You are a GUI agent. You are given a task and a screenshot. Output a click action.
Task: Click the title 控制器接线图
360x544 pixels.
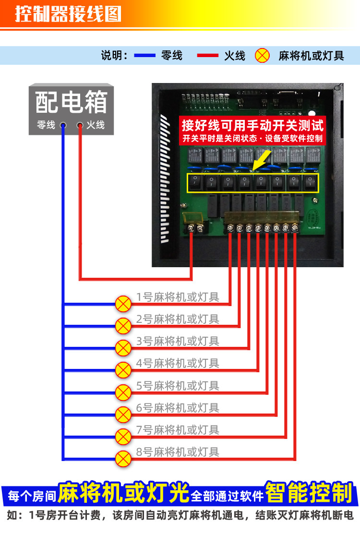68,14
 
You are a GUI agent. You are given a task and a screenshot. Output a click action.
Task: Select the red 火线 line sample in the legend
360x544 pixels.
207,56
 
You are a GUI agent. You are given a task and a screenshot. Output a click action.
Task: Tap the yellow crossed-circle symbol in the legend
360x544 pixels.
262,56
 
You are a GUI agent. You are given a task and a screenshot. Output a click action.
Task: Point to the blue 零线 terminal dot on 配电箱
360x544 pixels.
63,126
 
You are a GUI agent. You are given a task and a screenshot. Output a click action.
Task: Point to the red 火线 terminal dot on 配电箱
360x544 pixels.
80,126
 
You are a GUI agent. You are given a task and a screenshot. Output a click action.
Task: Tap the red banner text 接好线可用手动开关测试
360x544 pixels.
252,126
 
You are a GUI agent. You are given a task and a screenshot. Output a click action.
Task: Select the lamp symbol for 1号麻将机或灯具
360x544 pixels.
123,304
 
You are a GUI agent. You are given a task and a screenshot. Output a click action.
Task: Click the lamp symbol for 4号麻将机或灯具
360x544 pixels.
123,370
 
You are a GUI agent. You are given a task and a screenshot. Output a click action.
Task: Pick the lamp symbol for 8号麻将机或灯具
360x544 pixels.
123,458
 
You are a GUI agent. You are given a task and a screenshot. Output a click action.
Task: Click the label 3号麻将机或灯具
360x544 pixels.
178,341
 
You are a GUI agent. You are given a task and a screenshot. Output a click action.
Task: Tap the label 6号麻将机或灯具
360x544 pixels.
178,408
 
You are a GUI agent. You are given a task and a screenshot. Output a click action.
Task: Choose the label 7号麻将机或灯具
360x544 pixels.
178,430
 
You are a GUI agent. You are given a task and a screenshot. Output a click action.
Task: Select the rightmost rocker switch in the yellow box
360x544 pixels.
311,183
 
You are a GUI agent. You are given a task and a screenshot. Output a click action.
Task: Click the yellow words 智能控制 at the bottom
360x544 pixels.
309,493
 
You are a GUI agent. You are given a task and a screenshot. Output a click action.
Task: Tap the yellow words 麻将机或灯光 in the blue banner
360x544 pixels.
123,493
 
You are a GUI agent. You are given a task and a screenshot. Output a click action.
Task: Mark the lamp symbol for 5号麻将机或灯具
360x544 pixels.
123,392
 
